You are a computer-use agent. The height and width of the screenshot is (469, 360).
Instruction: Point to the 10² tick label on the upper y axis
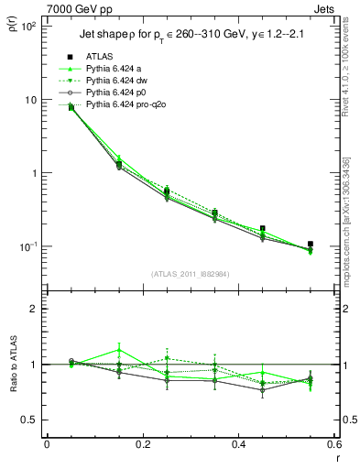pyautogui.click(x=27, y=27)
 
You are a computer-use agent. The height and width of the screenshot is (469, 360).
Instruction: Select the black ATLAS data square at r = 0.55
pyautogui.click(x=310, y=245)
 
